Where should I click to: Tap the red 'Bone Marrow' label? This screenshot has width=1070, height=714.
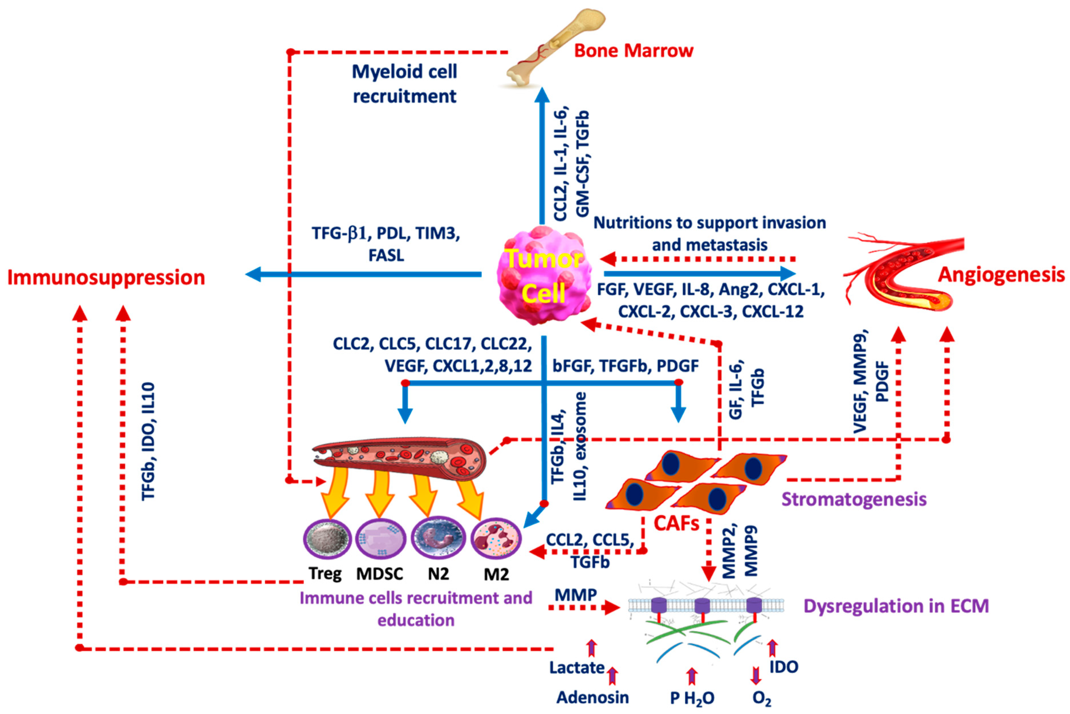(633, 51)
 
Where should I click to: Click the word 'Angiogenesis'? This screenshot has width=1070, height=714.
(1001, 275)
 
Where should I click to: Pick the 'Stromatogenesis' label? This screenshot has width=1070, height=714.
(853, 499)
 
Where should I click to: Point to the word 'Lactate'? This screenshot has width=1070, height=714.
(576, 667)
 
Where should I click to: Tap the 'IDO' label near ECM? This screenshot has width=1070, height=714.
(783, 667)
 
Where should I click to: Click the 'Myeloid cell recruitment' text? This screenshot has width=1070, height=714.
(405, 84)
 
